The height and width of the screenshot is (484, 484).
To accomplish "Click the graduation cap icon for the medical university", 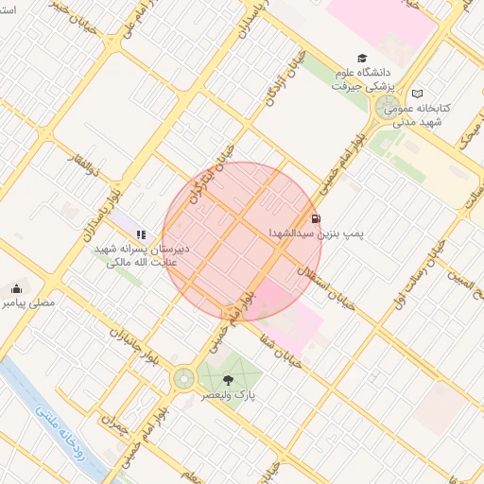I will tap(360, 59).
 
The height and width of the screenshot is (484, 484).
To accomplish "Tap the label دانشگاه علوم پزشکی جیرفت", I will tap(361, 78).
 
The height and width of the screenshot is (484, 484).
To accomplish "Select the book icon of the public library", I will tap(418, 94).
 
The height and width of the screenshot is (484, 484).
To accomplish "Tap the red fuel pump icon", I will tap(315, 218).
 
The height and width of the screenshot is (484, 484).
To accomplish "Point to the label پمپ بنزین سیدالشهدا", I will tap(320, 232).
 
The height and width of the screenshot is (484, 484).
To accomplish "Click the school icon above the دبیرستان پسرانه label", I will tap(141, 234).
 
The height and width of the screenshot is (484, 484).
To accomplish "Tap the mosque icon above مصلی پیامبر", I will tap(15, 289).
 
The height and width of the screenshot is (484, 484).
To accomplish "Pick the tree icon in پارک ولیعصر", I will tap(226, 378).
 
